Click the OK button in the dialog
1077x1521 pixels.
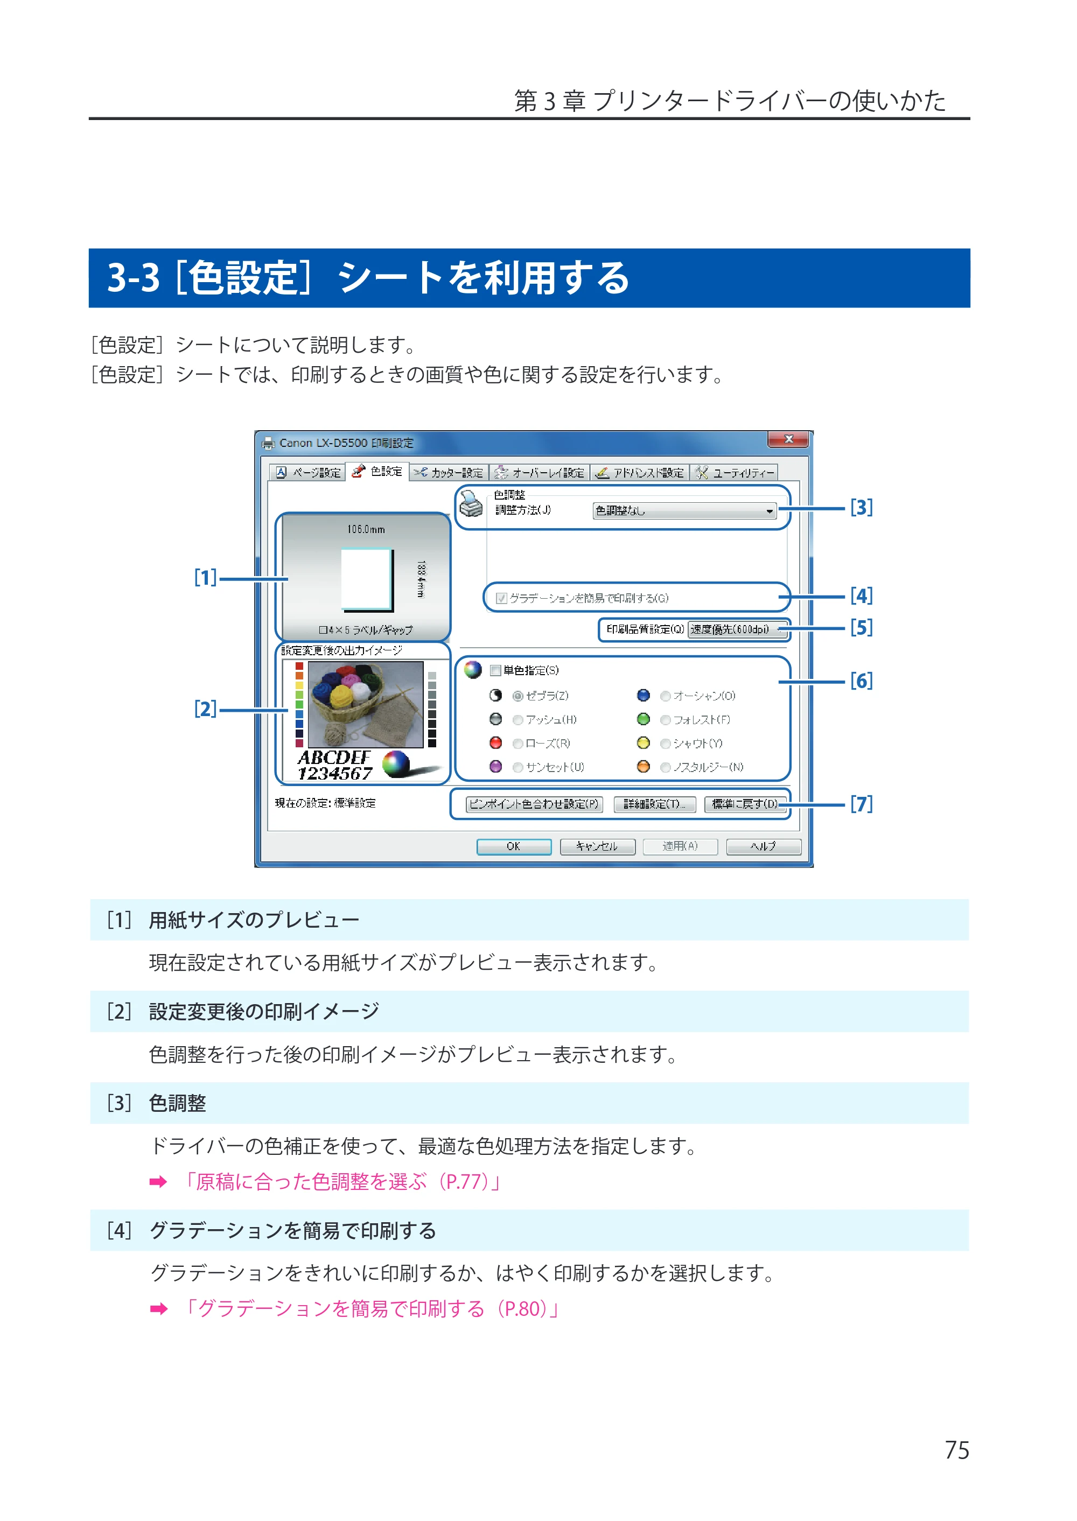tap(513, 847)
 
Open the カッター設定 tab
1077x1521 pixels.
tap(449, 473)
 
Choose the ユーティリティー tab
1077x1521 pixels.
tap(734, 473)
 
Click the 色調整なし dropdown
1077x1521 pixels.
tap(684, 510)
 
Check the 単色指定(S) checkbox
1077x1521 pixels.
tap(495, 670)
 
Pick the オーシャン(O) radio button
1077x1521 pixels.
tap(665, 696)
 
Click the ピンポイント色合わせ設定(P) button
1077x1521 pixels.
tap(534, 804)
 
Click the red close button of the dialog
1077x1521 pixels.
tap(788, 439)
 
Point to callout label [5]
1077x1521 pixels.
tap(862, 627)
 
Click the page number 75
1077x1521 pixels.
tap(957, 1450)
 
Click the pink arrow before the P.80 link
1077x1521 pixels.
tap(158, 1309)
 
